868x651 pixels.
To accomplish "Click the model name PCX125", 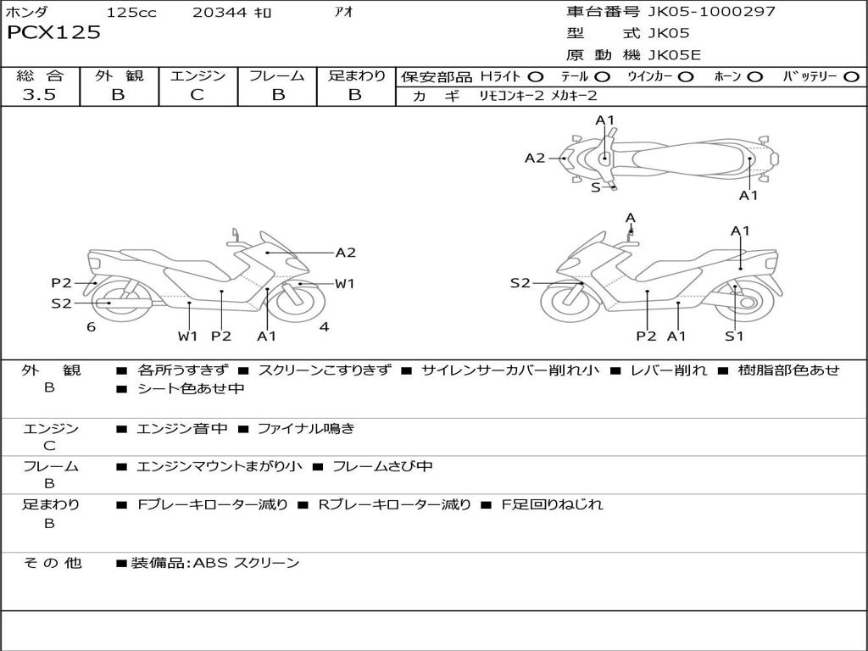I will click(x=53, y=33).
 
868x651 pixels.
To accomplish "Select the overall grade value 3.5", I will click(x=39, y=95).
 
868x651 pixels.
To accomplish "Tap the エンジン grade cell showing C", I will click(x=197, y=95).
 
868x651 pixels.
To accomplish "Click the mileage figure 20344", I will click(x=220, y=13).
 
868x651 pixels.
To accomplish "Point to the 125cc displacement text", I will click(x=131, y=13).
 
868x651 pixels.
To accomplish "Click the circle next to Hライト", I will click(x=536, y=77).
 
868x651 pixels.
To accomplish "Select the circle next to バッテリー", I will click(x=851, y=77).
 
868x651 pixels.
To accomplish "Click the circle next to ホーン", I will click(x=755, y=77).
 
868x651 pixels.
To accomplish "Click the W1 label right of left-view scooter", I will click(x=344, y=284).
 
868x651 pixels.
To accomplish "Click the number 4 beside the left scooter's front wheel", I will click(x=324, y=327).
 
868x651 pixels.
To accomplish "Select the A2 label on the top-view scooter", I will click(x=535, y=158).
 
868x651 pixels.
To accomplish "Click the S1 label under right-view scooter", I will click(x=734, y=337).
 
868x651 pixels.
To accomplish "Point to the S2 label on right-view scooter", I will click(x=520, y=283).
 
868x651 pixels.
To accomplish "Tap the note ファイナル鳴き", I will click(x=305, y=429).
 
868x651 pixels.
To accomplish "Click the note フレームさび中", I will click(x=382, y=466).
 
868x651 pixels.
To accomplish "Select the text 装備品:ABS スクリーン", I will click(x=214, y=563).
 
